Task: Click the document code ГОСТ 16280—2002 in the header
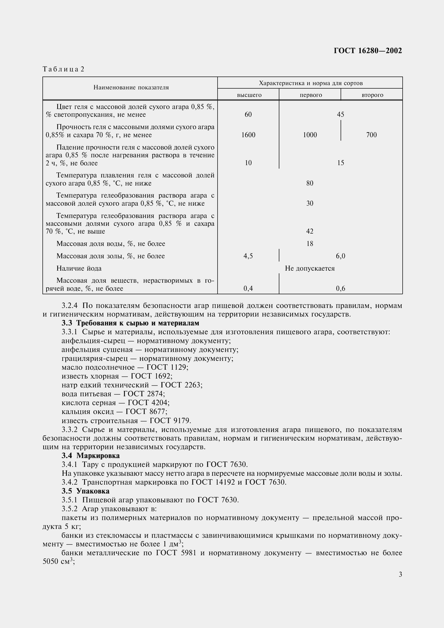point(368,51)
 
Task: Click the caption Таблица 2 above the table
point(63,69)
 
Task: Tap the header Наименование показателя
point(131,88)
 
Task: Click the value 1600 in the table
point(248,135)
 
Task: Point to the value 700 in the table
point(371,135)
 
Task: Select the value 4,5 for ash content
point(248,256)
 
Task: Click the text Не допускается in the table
point(310,268)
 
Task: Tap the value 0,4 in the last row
point(248,288)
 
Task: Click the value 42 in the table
point(310,231)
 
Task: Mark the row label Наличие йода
point(79,268)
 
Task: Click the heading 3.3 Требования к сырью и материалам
point(130,323)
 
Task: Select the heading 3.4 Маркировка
point(91,455)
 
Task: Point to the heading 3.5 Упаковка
point(85,491)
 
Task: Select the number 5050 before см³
point(50,561)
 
